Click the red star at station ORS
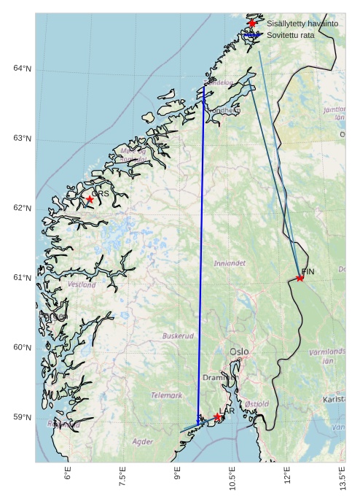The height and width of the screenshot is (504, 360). click(x=90, y=199)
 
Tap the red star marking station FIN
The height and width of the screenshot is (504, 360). click(x=300, y=278)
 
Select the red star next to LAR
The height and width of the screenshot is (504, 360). click(x=217, y=417)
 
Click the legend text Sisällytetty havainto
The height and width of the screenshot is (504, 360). click(x=302, y=24)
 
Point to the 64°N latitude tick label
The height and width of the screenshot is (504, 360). click(x=22, y=69)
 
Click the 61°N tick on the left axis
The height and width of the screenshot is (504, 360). click(x=22, y=278)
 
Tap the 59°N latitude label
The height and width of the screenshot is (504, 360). click(x=22, y=417)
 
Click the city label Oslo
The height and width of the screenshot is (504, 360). click(x=239, y=352)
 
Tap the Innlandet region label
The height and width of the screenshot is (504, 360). click(x=230, y=263)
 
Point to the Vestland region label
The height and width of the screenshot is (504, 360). click(x=81, y=285)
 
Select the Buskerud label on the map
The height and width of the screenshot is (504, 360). click(x=178, y=336)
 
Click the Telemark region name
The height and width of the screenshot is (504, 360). click(x=166, y=395)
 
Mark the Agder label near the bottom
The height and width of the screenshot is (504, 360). click(x=143, y=441)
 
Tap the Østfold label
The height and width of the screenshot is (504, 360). click(x=257, y=403)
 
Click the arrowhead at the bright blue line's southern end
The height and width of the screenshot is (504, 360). click(x=198, y=422)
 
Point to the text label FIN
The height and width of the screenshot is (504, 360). click(x=307, y=271)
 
